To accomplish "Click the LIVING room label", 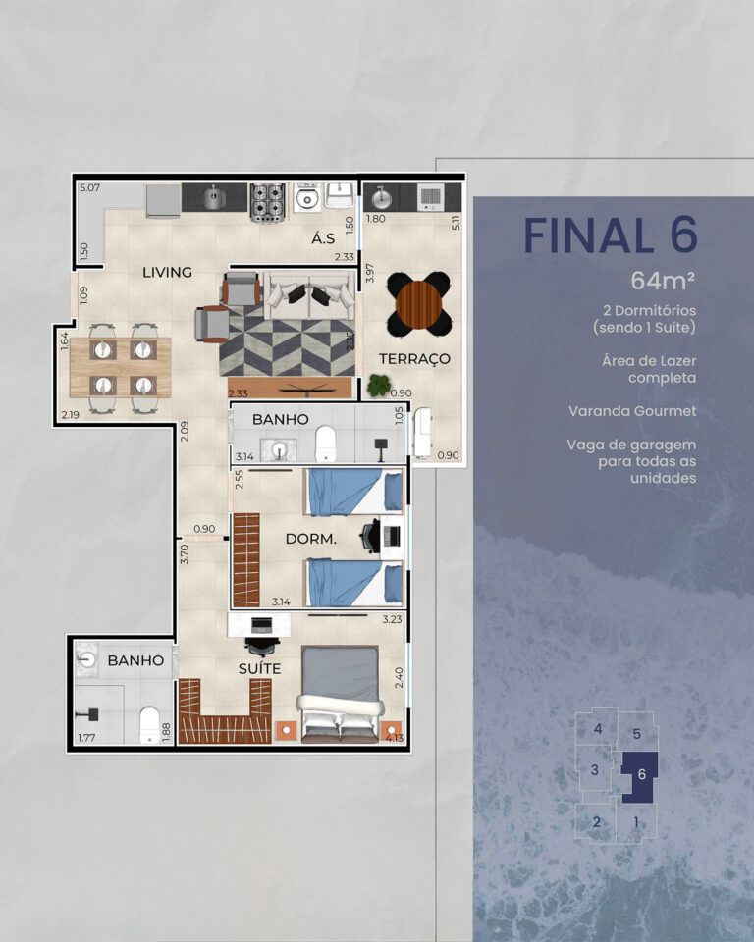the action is pos(167,272).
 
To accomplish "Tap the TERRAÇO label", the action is pos(414,359).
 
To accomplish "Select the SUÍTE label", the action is pos(259,668).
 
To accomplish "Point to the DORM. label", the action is pos(310,539).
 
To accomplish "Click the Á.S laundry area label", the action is pos(323,238).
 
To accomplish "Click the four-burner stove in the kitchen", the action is pos(267,202).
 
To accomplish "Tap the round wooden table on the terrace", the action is pos(418,303).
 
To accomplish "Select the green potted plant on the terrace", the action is pos(379,385).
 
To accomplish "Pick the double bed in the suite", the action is pos(341,694).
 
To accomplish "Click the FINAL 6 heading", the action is pos(611,235).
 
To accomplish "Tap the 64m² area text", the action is pos(664,280).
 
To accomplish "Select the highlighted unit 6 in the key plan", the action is pos(639,775).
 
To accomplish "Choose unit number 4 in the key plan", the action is pos(598,729).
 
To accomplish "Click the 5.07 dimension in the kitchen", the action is pos(89,188).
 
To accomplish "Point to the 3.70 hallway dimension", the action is pos(185,553).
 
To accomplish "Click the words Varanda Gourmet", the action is pos(632,411).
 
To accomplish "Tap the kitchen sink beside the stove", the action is pos(213,197).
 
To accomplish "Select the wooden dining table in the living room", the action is pos(120,367).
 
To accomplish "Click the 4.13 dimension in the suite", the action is pos(395,738).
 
